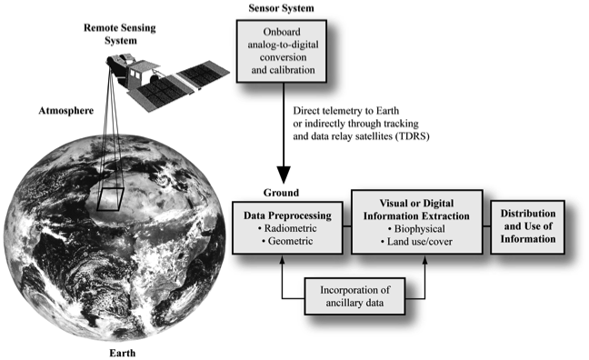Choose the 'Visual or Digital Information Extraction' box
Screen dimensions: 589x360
[419, 225]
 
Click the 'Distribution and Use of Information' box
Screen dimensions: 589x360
[529, 227]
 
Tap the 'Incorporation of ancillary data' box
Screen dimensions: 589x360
[355, 295]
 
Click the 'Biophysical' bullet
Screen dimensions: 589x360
[418, 231]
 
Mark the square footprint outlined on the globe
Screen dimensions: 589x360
[110, 196]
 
